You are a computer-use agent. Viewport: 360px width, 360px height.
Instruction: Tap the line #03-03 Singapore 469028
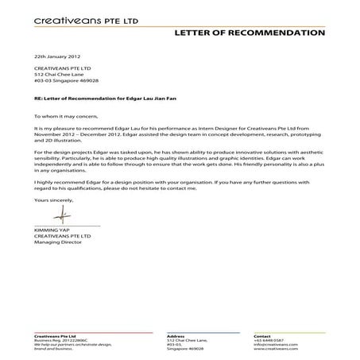tap(66, 81)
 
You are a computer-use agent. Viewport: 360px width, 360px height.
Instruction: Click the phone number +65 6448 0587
tap(268, 340)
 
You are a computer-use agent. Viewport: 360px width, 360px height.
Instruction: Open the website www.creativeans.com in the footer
tap(274, 350)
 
